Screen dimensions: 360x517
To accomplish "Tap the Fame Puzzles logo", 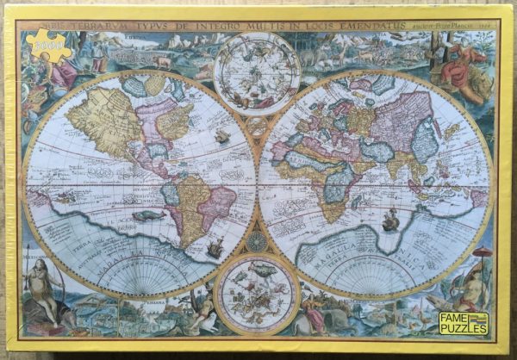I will click(x=464, y=323).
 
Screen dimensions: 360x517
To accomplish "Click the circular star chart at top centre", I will click(x=256, y=73).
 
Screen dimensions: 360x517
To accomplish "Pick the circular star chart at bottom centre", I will click(x=256, y=295).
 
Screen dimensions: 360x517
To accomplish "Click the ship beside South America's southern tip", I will click(x=215, y=250).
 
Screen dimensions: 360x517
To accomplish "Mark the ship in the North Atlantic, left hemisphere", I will click(x=221, y=135).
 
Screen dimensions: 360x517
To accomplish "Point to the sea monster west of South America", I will click(x=148, y=215).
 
